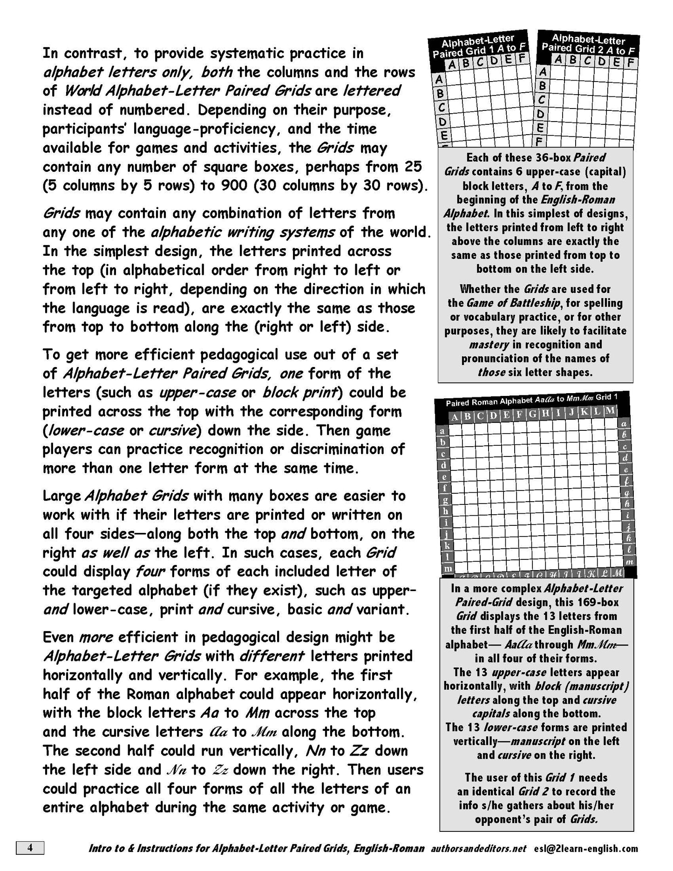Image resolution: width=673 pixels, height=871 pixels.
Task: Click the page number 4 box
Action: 30,848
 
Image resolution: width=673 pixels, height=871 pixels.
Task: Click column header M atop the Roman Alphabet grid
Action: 611,411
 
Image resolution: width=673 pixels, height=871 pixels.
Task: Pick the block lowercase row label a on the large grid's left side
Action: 442,431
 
